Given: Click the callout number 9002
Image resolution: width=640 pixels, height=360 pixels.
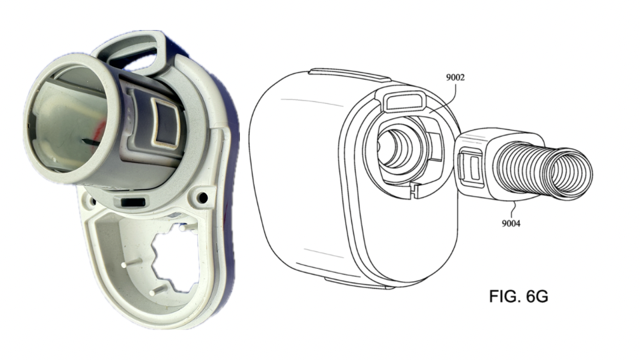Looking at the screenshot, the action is click(x=455, y=77).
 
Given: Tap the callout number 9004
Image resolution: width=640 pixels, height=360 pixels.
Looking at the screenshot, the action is click(x=511, y=223).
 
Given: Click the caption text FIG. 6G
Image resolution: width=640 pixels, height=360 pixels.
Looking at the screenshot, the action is click(x=519, y=296).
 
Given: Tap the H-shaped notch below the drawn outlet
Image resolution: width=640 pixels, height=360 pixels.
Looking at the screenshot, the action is click(x=415, y=189).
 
